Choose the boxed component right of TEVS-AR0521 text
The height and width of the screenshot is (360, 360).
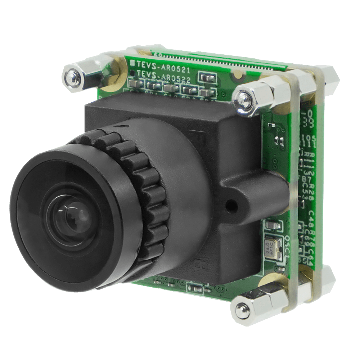pos(207,77)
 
